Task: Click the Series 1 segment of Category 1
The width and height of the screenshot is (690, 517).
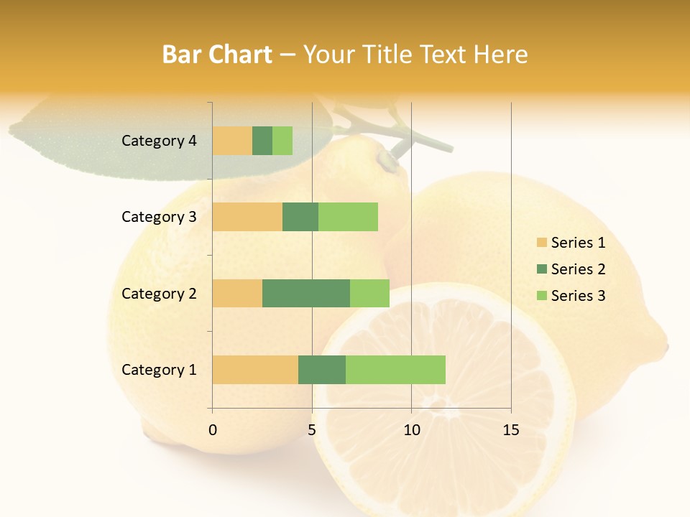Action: click(x=255, y=369)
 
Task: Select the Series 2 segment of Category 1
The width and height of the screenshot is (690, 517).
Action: click(x=322, y=369)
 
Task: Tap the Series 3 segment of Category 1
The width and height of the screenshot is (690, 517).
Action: click(x=395, y=369)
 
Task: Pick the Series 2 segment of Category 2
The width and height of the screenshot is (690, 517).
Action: click(x=306, y=293)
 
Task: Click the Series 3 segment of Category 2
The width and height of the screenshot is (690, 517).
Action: click(x=369, y=293)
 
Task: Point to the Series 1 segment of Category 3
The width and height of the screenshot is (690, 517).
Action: click(x=247, y=217)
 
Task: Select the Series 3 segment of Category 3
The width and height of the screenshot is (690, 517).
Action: click(x=348, y=217)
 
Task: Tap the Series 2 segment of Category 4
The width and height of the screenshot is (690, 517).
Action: click(x=262, y=141)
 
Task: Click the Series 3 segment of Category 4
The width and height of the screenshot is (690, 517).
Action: click(x=282, y=141)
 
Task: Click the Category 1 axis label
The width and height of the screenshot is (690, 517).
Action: click(x=158, y=370)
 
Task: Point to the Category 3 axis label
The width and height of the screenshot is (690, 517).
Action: click(x=158, y=217)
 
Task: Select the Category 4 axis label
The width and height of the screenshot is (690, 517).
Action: click(x=158, y=141)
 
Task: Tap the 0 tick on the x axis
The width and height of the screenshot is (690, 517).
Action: click(x=213, y=430)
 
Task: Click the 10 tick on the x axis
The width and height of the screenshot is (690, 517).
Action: click(x=411, y=430)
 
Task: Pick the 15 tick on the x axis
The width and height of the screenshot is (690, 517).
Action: click(x=511, y=430)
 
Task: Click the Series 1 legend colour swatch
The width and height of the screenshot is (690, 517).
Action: click(x=541, y=243)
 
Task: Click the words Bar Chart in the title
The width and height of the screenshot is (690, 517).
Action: click(x=217, y=55)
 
